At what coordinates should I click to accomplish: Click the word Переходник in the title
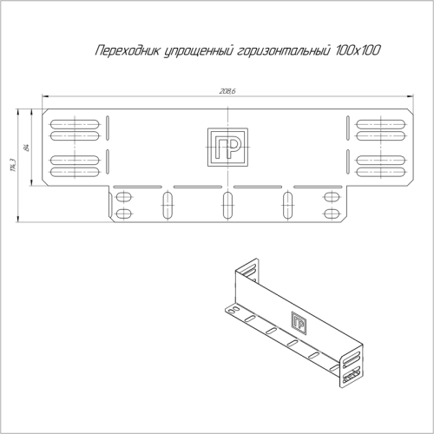[x=128, y=53]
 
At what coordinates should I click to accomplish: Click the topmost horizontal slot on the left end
[x=73, y=122]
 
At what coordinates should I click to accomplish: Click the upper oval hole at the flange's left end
[x=124, y=197]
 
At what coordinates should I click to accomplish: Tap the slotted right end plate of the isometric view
[x=352, y=366]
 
